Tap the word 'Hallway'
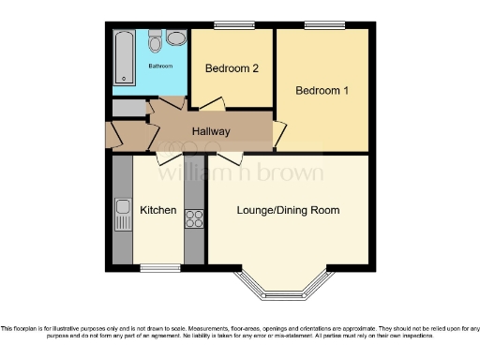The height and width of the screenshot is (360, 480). tap(211, 131)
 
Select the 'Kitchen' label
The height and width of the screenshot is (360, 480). tap(158, 210)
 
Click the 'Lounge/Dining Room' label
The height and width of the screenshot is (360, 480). tap(288, 209)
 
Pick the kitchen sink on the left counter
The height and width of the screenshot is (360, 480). tap(122, 216)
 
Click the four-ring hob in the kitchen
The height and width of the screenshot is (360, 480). tap(195, 218)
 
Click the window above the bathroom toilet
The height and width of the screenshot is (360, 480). tap(156, 25)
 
